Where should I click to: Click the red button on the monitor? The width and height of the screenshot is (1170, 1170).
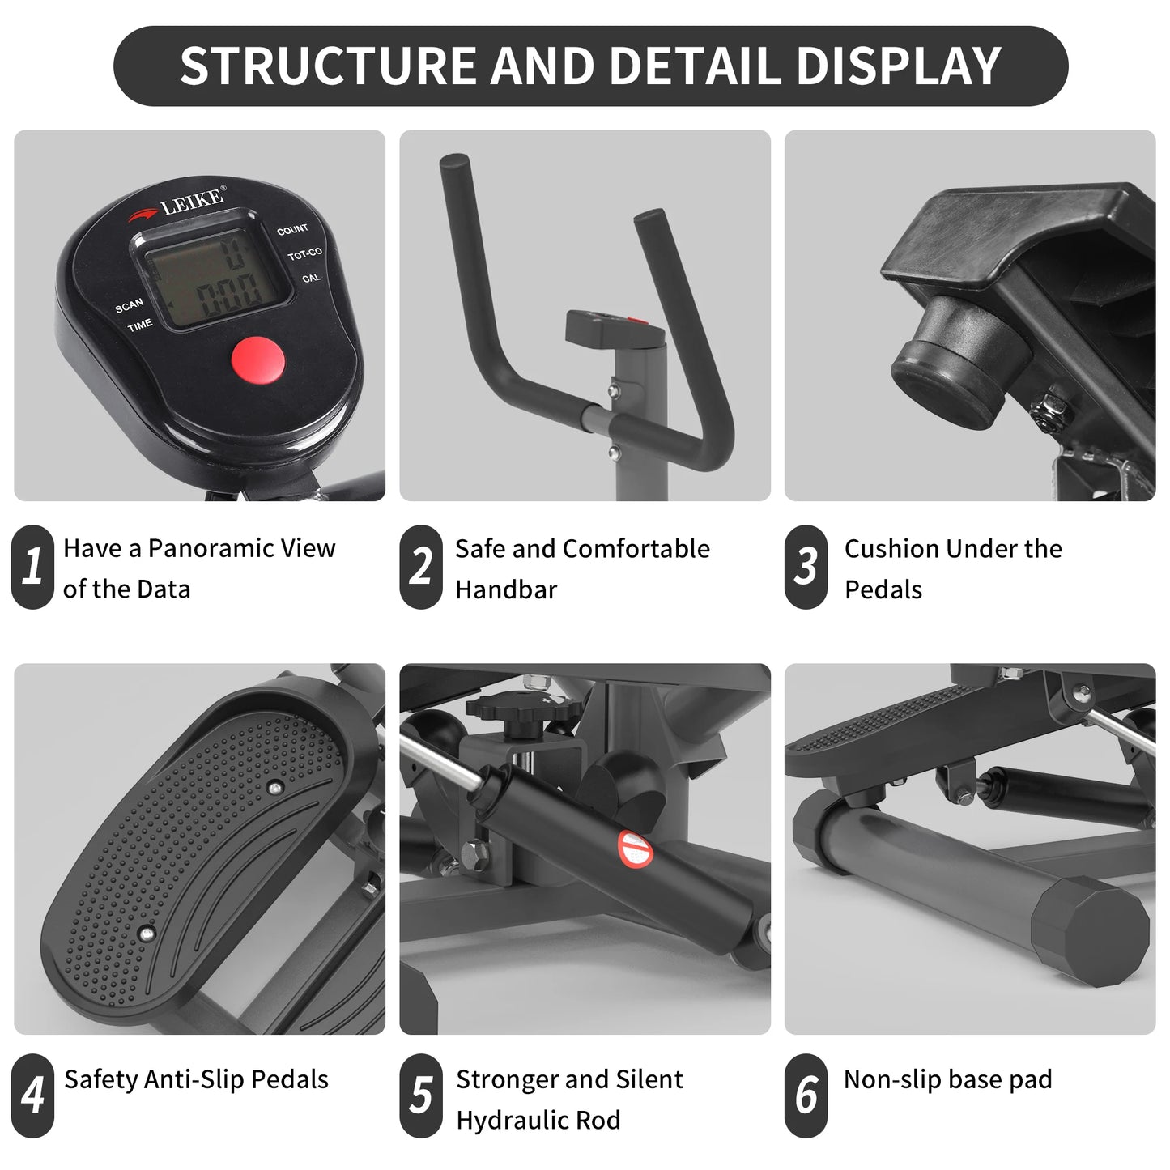click(258, 359)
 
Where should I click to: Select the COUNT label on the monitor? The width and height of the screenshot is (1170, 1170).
click(292, 230)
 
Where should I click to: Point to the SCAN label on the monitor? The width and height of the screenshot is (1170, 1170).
click(130, 305)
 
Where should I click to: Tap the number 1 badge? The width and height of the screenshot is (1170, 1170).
click(32, 567)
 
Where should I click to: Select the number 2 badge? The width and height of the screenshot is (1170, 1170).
click(420, 567)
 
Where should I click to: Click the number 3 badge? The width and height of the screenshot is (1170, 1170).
click(806, 567)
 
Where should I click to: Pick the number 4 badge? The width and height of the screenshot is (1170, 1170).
click(32, 1096)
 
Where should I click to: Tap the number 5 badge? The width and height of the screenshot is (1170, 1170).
click(420, 1096)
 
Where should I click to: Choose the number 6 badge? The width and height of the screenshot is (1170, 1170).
click(806, 1096)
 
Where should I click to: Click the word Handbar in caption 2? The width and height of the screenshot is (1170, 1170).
click(506, 590)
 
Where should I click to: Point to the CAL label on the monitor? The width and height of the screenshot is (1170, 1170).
click(312, 279)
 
